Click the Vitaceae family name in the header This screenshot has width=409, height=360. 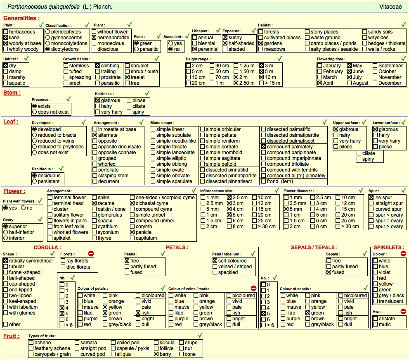pyautogui.click(x=390, y=7)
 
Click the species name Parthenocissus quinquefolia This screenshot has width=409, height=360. pyautogui.click(x=44, y=7)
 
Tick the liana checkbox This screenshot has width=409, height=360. pyautogui.click(x=5, y=38)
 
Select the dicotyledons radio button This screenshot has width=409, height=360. pyautogui.click(x=48, y=49)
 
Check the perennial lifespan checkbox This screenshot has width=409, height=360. pyautogui.click(x=194, y=49)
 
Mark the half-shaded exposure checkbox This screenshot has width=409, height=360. pyautogui.click(x=225, y=43)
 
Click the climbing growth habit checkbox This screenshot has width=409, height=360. pyautogui.click(x=97, y=66)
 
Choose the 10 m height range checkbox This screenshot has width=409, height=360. pyautogui.click(x=262, y=77)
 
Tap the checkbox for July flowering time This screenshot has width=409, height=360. pyautogui.click(x=350, y=77)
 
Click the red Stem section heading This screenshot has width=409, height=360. pyautogui.click(x=12, y=93)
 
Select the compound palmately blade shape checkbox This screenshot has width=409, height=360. pyautogui.click(x=263, y=147)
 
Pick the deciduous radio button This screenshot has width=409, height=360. pyautogui.click(x=34, y=176)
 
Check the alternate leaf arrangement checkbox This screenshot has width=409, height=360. pyautogui.click(x=95, y=135)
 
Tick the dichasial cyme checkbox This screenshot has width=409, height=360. pyautogui.click(x=132, y=203)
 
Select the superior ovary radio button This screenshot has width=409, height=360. pyautogui.click(x=5, y=226)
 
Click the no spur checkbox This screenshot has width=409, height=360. pyautogui.click(x=371, y=198)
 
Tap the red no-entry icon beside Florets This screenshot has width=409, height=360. pyautogui.click(x=91, y=253)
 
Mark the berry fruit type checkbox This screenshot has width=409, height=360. pyautogui.click(x=156, y=354)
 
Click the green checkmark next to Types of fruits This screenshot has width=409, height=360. pyautogui.click(x=200, y=335)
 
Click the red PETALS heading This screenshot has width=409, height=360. pyautogui.click(x=177, y=248)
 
